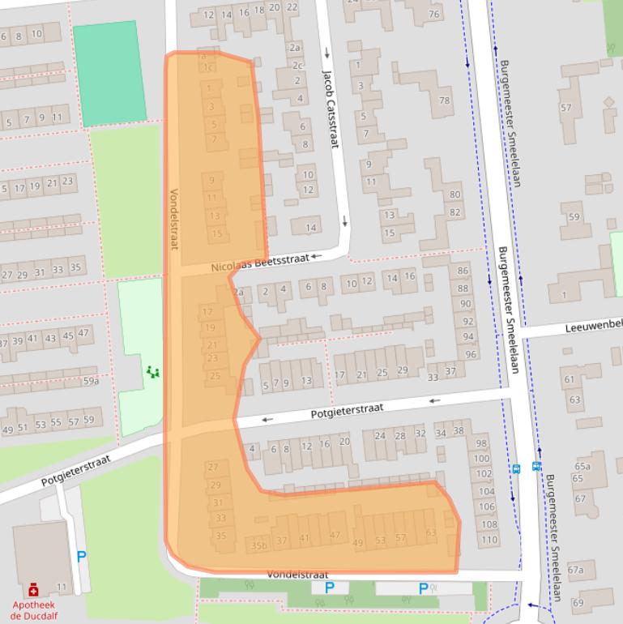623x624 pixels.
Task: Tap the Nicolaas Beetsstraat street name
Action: [x=260, y=263]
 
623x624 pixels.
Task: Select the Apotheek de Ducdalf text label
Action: [x=33, y=609]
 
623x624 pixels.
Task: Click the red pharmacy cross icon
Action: [x=33, y=589]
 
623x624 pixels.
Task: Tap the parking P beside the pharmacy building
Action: [x=81, y=557]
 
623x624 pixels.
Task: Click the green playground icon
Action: [x=152, y=372]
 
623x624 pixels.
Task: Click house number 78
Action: [x=444, y=100]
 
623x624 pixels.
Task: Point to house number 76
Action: [x=434, y=14]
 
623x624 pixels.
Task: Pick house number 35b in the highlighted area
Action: [x=258, y=546]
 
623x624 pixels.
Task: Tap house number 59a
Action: [x=90, y=381]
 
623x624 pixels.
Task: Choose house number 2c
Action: [x=297, y=66]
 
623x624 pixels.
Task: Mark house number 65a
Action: [x=582, y=466]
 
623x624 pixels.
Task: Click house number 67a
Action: [x=575, y=570]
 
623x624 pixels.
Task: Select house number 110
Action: [x=489, y=540]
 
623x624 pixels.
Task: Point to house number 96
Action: [x=471, y=354]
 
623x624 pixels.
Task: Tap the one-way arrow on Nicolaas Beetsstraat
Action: [x=317, y=256]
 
